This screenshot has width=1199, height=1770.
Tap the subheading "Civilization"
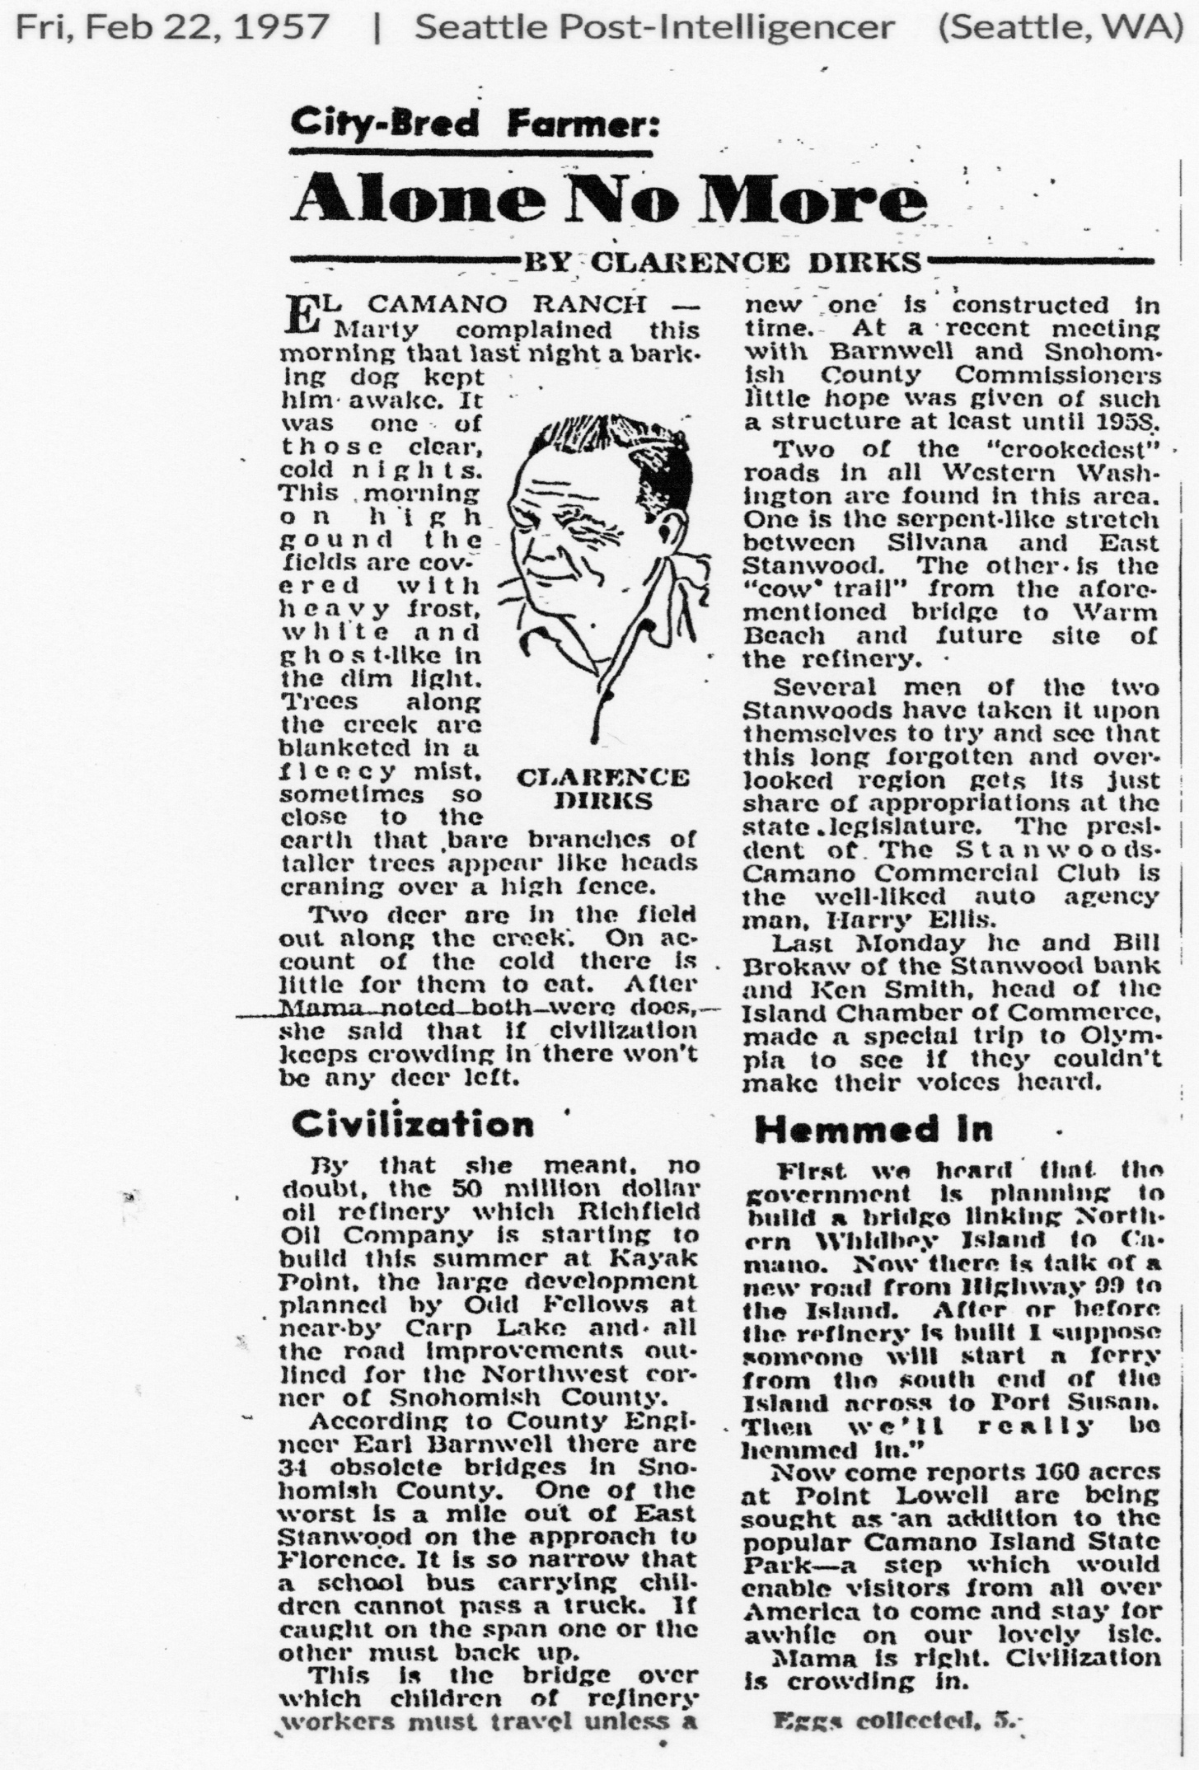[x=413, y=1124]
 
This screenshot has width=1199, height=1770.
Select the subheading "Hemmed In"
[x=873, y=1129]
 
